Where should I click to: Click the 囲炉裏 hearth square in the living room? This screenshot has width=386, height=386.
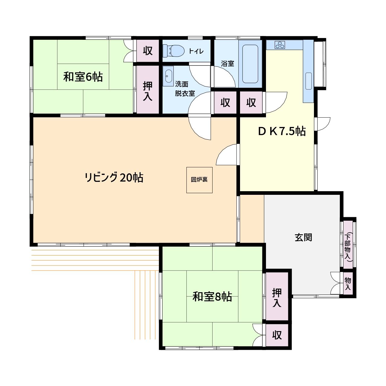click(x=199, y=180)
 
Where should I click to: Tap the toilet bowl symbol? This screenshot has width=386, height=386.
click(x=173, y=51)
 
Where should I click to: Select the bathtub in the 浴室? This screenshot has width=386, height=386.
click(x=250, y=64)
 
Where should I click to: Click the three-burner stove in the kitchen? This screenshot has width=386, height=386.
click(x=280, y=45)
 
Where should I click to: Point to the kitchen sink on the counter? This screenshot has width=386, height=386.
click(x=308, y=81)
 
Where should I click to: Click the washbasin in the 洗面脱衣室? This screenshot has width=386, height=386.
click(x=169, y=76)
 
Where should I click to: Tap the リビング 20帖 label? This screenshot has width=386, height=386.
click(x=114, y=178)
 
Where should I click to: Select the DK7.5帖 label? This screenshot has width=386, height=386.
click(x=282, y=131)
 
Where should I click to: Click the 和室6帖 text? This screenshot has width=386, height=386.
click(x=83, y=77)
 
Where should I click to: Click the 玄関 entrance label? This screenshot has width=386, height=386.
click(x=303, y=238)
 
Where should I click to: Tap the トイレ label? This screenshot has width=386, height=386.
click(x=196, y=51)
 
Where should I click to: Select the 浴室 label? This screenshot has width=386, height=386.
click(x=228, y=64)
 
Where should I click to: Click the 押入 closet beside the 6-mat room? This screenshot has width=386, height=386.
click(x=148, y=90)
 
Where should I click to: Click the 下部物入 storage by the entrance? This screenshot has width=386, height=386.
click(x=348, y=245)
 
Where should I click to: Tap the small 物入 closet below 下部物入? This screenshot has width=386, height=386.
click(x=348, y=283)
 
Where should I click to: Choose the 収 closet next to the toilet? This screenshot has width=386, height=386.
click(x=148, y=51)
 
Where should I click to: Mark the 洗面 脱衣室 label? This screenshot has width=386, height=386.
click(x=185, y=89)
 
